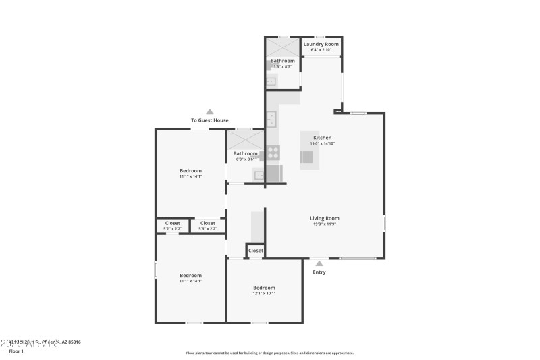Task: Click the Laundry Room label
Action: pos(321,44)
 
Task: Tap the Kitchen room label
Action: pos(322,138)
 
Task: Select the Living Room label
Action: pos(324,218)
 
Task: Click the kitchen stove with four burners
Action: pos(273,153)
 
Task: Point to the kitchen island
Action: pos(309,150)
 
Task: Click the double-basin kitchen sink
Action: pos(272,120)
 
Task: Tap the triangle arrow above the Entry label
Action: pos(319,263)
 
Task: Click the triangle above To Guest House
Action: pos(210,112)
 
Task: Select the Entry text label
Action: pos(319,272)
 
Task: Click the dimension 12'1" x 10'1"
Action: pos(264,293)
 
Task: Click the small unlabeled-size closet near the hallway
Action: pos(255,251)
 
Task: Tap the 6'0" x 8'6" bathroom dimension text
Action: pos(245,159)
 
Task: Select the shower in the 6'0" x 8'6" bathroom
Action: pos(244,140)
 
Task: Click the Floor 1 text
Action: pos(16,351)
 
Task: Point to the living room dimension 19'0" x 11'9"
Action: pos(324,224)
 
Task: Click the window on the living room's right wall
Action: pos(384,224)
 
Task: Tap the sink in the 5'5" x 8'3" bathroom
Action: pos(271,82)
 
